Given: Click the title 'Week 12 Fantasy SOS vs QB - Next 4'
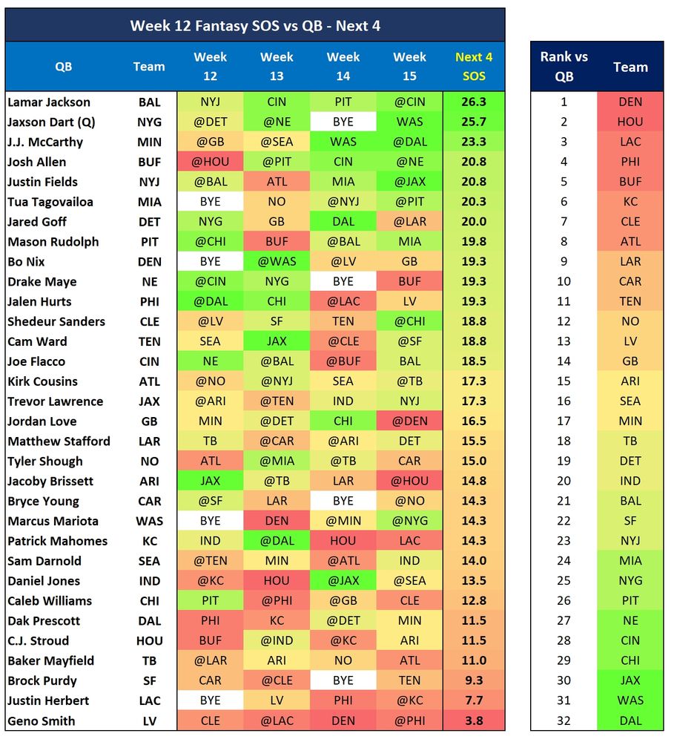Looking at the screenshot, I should point(255,25).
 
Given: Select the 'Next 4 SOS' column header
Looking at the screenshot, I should point(474,66).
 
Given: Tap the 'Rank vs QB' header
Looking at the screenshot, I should point(564,66).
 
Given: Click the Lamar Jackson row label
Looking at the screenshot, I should point(49,102).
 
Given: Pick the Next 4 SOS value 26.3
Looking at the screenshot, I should point(474,102).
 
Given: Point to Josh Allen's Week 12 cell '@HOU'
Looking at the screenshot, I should point(210,162).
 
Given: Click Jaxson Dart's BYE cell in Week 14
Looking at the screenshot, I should point(343,122).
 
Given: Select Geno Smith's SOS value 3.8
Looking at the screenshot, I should point(474,720).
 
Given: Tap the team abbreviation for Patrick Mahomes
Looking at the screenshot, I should point(149,541).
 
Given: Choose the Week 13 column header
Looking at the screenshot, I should point(277,66).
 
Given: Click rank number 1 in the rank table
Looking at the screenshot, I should point(564,102).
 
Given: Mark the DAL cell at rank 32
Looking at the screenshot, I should point(630,720).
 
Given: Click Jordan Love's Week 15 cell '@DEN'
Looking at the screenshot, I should point(409,421).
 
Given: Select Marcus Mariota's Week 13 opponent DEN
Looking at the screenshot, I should point(277,521).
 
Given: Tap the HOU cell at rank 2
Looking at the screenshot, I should point(630,122).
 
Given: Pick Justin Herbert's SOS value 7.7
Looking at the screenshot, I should point(474,700).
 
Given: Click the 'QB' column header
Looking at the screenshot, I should point(64,66).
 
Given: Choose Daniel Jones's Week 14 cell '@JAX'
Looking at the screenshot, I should point(343,581).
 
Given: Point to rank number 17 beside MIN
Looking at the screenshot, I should point(564,421).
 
